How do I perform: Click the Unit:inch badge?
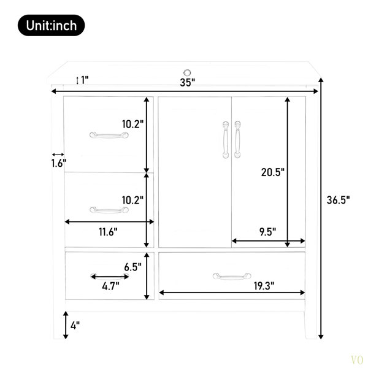tap(51, 25)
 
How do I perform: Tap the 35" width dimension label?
tap(188, 82)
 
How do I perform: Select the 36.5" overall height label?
tap(338, 200)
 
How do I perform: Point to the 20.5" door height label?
tap(273, 172)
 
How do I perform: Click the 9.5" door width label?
tap(267, 232)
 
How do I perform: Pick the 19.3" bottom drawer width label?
tap(264, 286)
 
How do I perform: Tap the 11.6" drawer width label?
tap(108, 232)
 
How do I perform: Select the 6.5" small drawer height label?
tap(133, 267)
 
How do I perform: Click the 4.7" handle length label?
tap(110, 286)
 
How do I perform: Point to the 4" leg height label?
tap(75, 326)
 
